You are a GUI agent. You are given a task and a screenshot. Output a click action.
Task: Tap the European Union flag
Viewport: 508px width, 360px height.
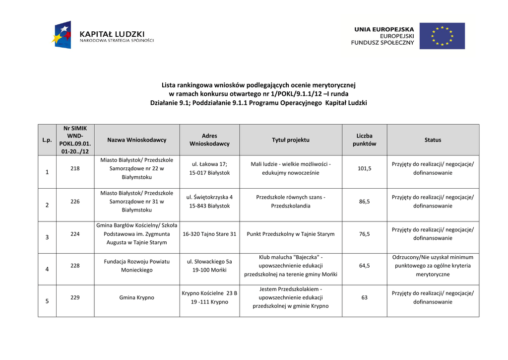pyautogui.click(x=442, y=36)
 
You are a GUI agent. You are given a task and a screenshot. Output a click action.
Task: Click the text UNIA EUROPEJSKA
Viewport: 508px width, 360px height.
pyautogui.click(x=383, y=30)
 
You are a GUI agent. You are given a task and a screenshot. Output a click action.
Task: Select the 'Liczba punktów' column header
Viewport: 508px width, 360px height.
pyautogui.click(x=364, y=140)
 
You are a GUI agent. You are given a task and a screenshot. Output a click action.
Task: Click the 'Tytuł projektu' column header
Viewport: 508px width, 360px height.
pyautogui.click(x=290, y=140)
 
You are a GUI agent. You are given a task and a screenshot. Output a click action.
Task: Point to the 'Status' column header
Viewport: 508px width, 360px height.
pyautogui.click(x=433, y=140)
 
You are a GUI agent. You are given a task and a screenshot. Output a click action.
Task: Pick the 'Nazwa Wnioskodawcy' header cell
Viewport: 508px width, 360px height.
pyautogui.click(x=136, y=140)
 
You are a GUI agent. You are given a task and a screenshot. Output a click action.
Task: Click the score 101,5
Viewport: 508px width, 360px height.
pyautogui.click(x=364, y=168)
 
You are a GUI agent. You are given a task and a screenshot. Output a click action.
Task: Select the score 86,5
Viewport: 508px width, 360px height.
pyautogui.click(x=364, y=202)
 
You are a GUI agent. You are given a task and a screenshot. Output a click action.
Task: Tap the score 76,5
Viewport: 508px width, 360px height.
pyautogui.click(x=364, y=234)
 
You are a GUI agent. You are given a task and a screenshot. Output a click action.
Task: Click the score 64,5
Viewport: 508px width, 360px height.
pyautogui.click(x=364, y=266)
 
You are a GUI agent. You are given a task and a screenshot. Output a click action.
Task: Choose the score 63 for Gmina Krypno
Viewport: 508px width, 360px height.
pyautogui.click(x=364, y=297)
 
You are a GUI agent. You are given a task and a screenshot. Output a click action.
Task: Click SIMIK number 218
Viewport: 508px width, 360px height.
pyautogui.click(x=75, y=168)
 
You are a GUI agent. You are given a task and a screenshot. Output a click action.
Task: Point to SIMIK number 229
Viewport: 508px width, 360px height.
pyautogui.click(x=75, y=297)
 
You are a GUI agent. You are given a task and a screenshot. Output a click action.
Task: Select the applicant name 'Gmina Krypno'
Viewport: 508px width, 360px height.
pyautogui.click(x=136, y=297)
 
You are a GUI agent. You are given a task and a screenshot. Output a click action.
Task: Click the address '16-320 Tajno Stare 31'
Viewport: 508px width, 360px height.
pyautogui.click(x=209, y=234)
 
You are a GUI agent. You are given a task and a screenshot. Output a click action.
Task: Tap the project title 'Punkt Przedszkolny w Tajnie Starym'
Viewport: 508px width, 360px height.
pyautogui.click(x=290, y=234)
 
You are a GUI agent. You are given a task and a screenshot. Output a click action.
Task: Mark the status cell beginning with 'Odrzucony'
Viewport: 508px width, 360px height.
pyautogui.click(x=433, y=266)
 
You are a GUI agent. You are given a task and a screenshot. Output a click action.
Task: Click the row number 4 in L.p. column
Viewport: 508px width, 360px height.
pyautogui.click(x=47, y=269)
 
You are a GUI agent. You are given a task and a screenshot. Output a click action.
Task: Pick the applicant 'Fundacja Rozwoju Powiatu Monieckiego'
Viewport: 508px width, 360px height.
pyautogui.click(x=136, y=266)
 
